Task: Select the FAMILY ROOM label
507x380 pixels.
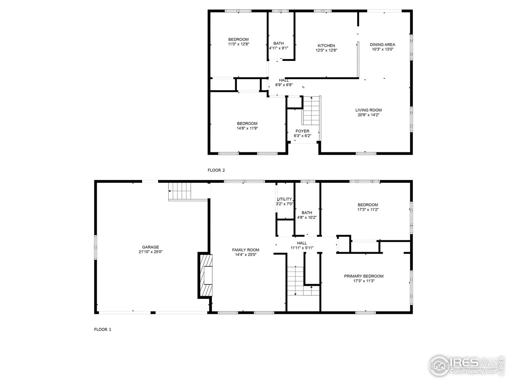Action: (x=246, y=250)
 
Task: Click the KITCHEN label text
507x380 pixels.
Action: (x=326, y=46)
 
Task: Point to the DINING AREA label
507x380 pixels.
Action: (x=382, y=44)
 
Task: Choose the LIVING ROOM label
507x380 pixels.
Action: (x=368, y=110)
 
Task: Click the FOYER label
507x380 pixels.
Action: (x=302, y=131)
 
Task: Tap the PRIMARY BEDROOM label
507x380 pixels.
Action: (x=363, y=276)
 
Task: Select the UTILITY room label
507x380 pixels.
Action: (x=284, y=199)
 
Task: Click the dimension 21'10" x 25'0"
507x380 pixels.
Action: (x=151, y=252)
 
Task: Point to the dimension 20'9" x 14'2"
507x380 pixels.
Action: (x=368, y=115)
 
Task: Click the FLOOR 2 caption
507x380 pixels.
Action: (x=216, y=170)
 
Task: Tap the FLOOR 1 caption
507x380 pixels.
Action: (x=103, y=329)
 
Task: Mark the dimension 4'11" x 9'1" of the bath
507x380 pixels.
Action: (x=278, y=48)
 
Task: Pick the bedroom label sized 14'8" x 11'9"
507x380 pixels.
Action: (x=247, y=123)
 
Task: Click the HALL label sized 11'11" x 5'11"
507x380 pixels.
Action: (x=302, y=243)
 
